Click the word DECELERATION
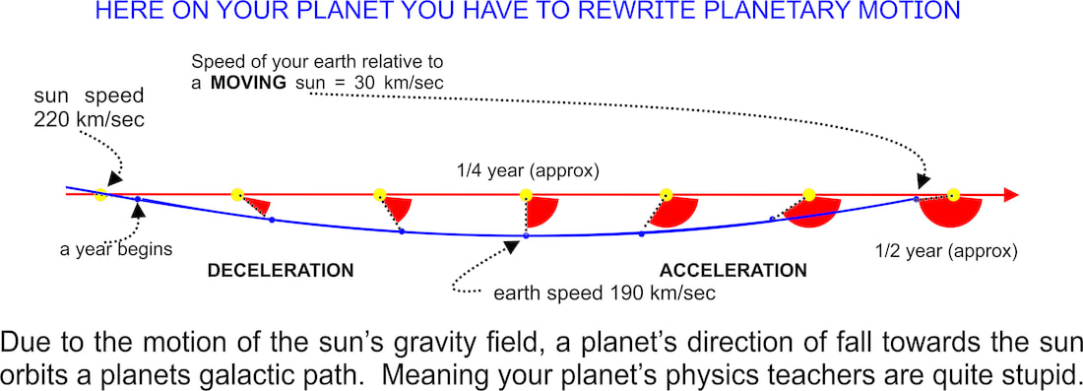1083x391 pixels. coord(282,270)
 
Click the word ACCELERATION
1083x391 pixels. coord(733,270)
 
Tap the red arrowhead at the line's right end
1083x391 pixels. coord(1011,195)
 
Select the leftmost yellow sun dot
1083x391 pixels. coord(100,194)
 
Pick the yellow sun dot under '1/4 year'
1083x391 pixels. coord(526,195)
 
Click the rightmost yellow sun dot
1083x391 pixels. coord(953,195)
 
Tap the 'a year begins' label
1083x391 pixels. coord(116,249)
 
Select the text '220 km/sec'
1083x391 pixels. coord(89,119)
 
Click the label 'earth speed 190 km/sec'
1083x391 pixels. coord(605,293)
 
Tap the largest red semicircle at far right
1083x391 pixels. coord(952,212)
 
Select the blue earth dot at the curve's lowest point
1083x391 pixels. coord(526,236)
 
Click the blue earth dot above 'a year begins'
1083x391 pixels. coord(138,199)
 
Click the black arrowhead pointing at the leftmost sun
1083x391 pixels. coord(113,179)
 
